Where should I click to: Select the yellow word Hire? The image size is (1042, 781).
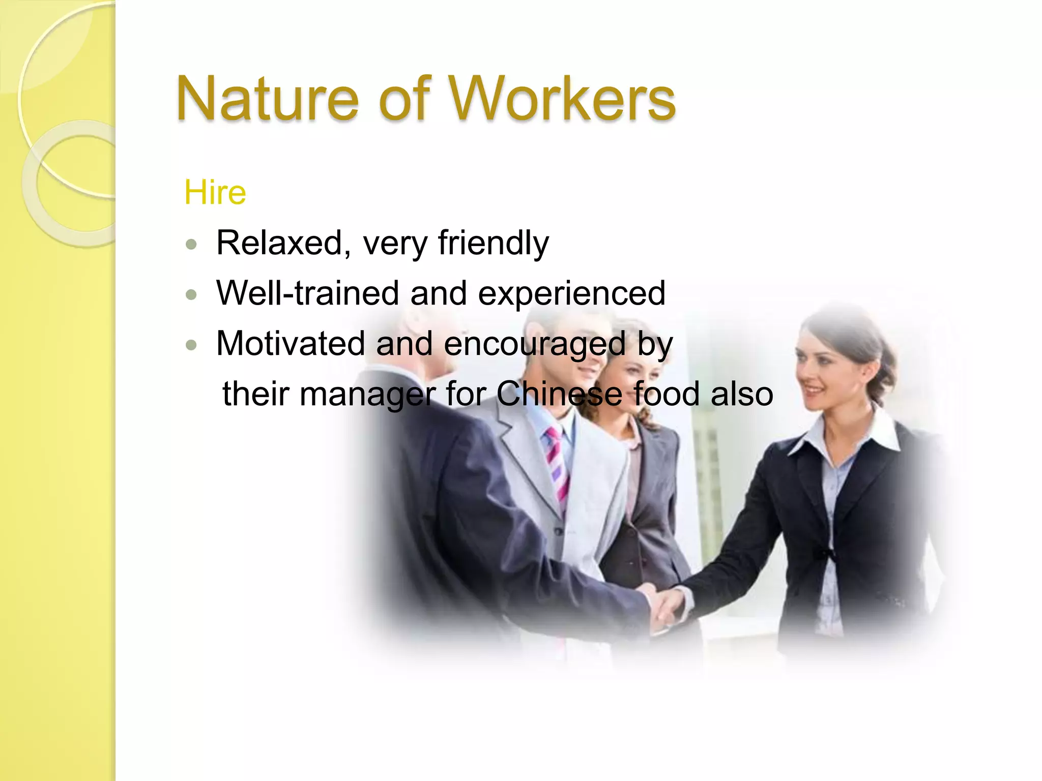[x=215, y=193]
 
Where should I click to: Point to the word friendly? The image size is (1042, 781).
[x=493, y=244]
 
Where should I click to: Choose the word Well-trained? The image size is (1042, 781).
[x=307, y=293]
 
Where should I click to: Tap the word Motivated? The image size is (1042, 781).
[x=291, y=343]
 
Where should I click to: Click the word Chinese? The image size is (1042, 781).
[x=559, y=394]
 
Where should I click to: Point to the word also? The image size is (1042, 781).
[x=741, y=394]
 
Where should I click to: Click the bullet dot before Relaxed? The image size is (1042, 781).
[x=191, y=245]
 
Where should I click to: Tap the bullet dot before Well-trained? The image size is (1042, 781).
[x=191, y=295]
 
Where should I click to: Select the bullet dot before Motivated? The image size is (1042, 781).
[x=191, y=345]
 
